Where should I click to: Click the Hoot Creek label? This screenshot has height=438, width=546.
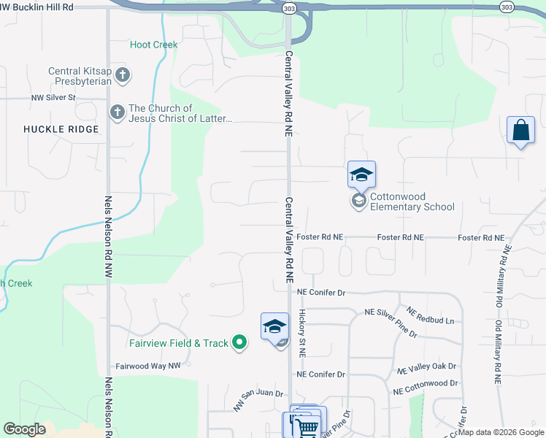(x=153, y=45)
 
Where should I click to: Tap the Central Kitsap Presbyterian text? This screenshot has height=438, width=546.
(x=80, y=76)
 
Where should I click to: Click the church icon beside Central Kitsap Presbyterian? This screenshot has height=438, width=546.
(x=123, y=74)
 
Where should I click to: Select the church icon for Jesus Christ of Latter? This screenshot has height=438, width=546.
(x=117, y=112)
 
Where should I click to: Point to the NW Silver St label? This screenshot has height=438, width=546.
(x=53, y=97)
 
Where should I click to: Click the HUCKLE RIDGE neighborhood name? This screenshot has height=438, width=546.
(x=50, y=128)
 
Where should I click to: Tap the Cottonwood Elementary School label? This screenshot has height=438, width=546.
(x=412, y=201)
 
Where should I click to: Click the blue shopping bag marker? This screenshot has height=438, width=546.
(x=520, y=131)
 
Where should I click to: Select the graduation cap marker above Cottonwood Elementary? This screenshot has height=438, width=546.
(x=361, y=175)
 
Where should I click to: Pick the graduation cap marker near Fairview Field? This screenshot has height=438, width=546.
(x=274, y=326)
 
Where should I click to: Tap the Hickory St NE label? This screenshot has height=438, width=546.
(x=301, y=333)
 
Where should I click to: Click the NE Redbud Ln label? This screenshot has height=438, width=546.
(x=430, y=315)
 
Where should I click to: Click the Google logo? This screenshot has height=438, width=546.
(x=24, y=429)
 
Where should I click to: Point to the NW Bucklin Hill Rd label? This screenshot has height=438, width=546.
(x=37, y=6)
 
